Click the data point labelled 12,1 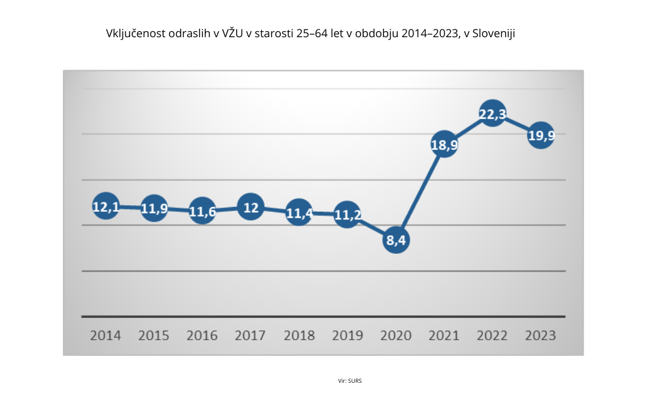[106, 206]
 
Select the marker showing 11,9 [154, 208]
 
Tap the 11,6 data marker [202, 211]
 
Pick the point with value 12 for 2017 [250, 207]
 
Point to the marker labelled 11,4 [299, 212]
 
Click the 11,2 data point [347, 214]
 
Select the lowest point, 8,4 [396, 240]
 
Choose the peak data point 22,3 [492, 113]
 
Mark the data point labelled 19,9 [540, 136]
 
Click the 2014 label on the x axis [105, 335]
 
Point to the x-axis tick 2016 [202, 335]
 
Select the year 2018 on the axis [299, 335]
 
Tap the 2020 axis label [395, 335]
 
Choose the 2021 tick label [444, 335]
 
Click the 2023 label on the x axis [540, 335]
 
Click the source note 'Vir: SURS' [350, 380]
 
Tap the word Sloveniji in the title [494, 34]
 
